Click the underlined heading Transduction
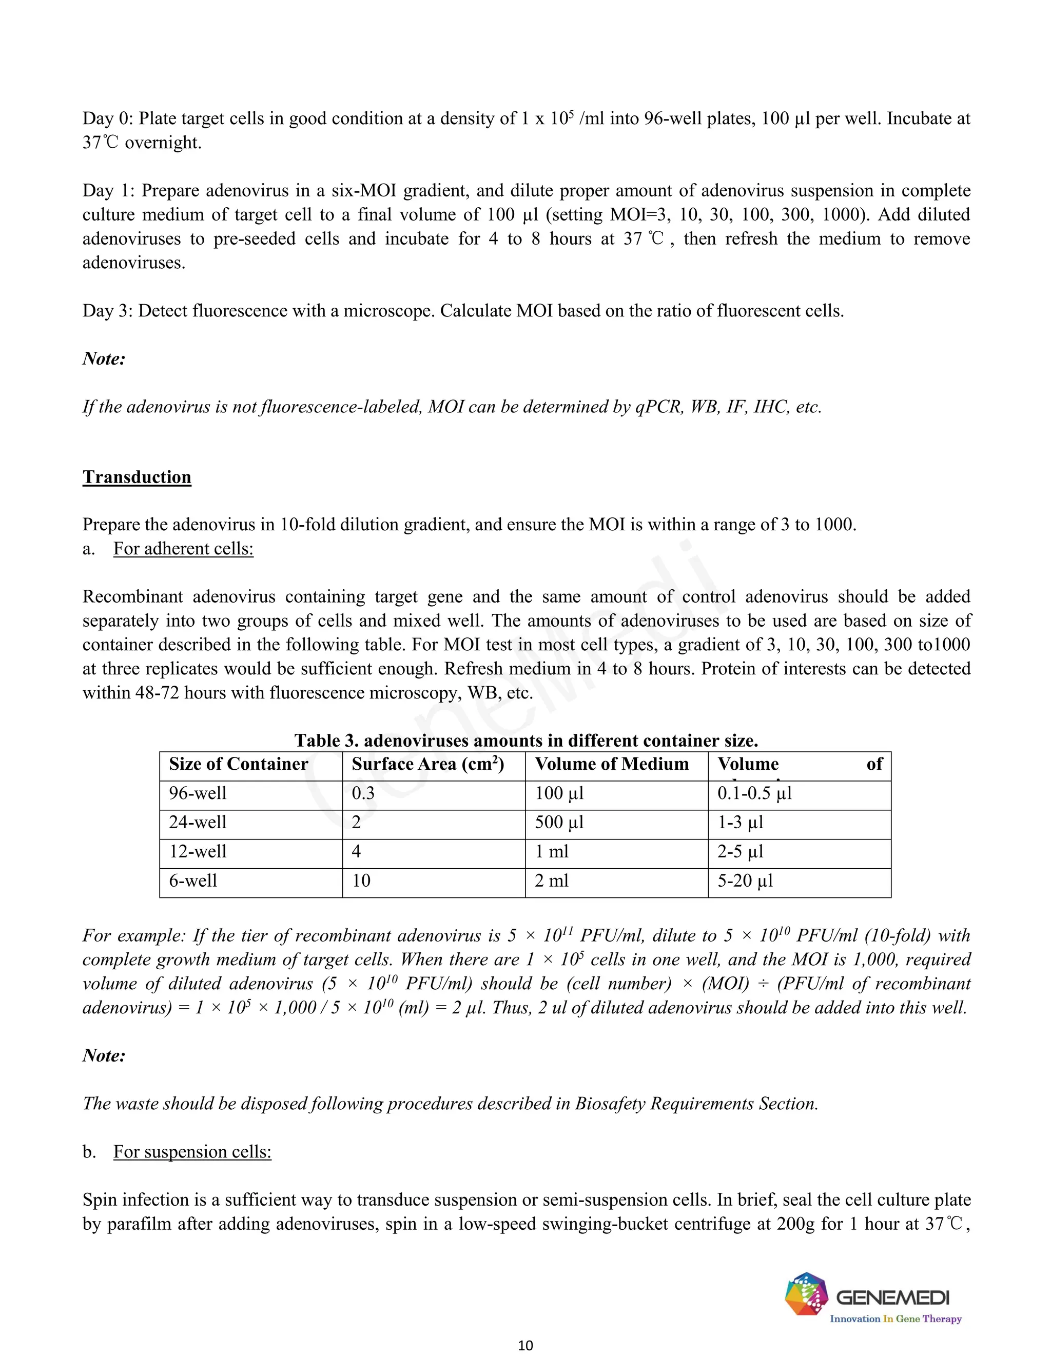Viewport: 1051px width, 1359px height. tap(137, 477)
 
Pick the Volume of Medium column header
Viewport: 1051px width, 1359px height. tap(611, 764)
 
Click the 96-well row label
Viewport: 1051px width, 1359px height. tap(198, 793)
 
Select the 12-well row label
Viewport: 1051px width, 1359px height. tap(198, 852)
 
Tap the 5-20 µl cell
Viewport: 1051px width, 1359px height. tap(745, 881)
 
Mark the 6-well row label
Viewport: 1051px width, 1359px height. tap(192, 881)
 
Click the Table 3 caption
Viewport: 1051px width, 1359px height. tap(525, 741)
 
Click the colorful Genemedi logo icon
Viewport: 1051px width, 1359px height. tap(806, 1294)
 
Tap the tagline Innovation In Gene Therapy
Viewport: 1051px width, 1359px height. tap(896, 1318)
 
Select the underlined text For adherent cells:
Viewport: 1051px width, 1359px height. tap(183, 549)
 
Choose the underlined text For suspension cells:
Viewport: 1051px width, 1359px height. tap(192, 1152)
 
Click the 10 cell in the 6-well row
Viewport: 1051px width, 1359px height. tap(361, 881)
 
